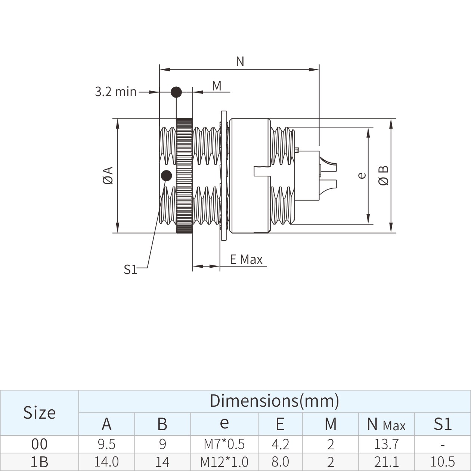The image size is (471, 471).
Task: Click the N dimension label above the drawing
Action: point(240,61)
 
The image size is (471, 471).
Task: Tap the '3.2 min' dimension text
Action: point(116,92)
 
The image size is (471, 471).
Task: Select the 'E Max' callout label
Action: point(246,259)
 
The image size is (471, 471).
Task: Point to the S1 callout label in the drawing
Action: point(130,270)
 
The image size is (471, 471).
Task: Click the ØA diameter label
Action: point(108,175)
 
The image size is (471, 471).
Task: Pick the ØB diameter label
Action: point(383,175)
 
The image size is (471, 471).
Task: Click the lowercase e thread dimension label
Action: point(362,175)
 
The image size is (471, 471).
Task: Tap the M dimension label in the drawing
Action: point(217,86)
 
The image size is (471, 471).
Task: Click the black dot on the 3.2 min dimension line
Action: point(176,92)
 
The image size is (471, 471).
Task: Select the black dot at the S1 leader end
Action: point(167,176)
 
